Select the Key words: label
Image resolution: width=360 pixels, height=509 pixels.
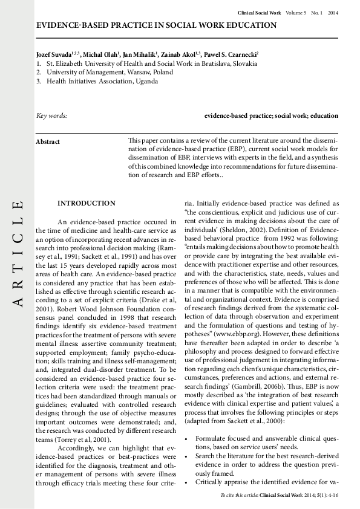[52, 115]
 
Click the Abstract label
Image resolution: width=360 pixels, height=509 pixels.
[48, 141]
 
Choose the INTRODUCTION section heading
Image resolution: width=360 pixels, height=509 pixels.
[86, 203]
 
